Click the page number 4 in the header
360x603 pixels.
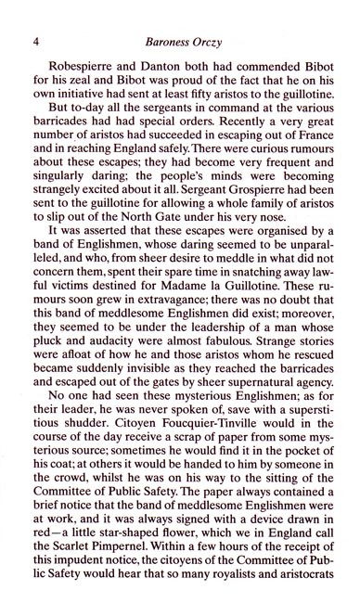(x=34, y=41)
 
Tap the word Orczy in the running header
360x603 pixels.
(x=218, y=41)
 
